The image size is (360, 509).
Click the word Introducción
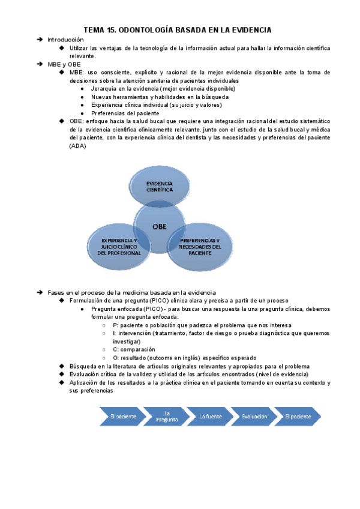[x=67, y=39]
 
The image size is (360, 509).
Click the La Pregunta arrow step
[x=167, y=416]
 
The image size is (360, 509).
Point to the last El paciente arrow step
[x=298, y=416]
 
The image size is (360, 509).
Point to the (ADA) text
[x=78, y=145]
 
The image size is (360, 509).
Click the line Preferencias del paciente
[x=125, y=113]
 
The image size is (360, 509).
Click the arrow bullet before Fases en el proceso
[x=40, y=292]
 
